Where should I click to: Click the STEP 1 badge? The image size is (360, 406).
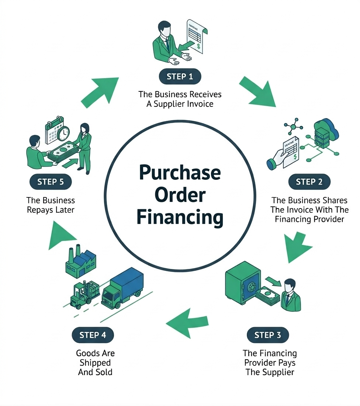[x=180, y=77]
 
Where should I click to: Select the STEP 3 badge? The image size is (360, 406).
[x=267, y=335]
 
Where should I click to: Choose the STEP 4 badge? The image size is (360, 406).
[x=93, y=335]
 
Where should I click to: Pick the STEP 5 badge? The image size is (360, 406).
[x=51, y=182]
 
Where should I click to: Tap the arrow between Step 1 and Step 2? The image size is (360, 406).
[x=257, y=91]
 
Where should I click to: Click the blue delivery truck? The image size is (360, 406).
[x=123, y=287]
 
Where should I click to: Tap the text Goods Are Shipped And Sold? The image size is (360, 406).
[x=95, y=363]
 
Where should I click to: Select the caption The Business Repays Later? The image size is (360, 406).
[x=51, y=205]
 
